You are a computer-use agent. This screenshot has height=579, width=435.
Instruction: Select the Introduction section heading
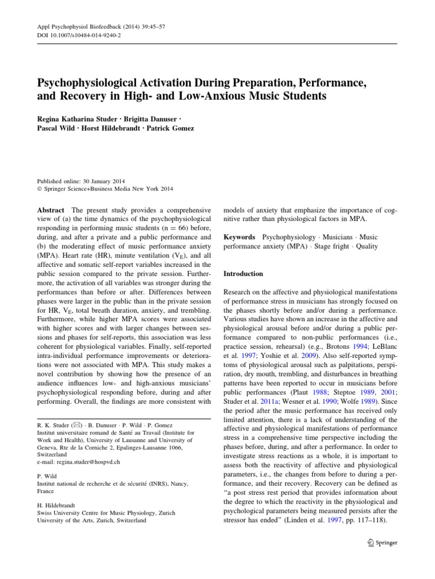pyautogui.click(x=244, y=274)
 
